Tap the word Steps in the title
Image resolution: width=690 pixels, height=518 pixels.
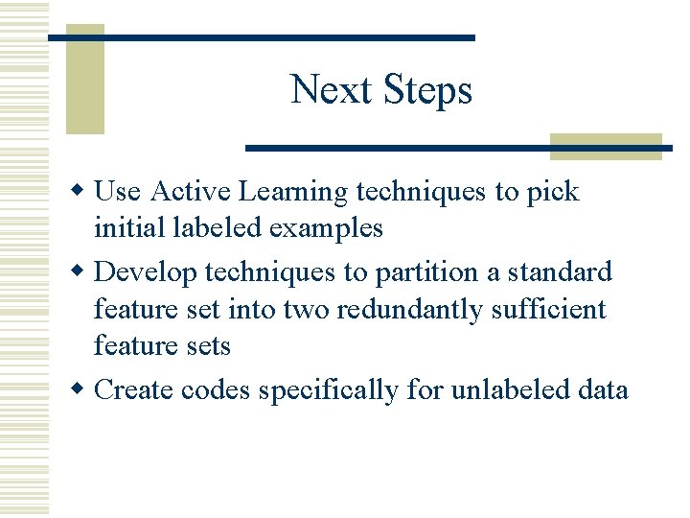coord(427,90)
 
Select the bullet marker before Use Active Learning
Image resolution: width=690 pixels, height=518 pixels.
coord(81,192)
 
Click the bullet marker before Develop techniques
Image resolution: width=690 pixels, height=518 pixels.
coord(81,272)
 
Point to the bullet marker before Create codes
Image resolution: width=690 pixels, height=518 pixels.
coord(81,390)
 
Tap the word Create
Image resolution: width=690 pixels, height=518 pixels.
coord(135,390)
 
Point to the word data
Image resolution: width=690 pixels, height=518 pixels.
coord(604,390)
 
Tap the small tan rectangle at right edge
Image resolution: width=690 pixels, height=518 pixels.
coord(606,146)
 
